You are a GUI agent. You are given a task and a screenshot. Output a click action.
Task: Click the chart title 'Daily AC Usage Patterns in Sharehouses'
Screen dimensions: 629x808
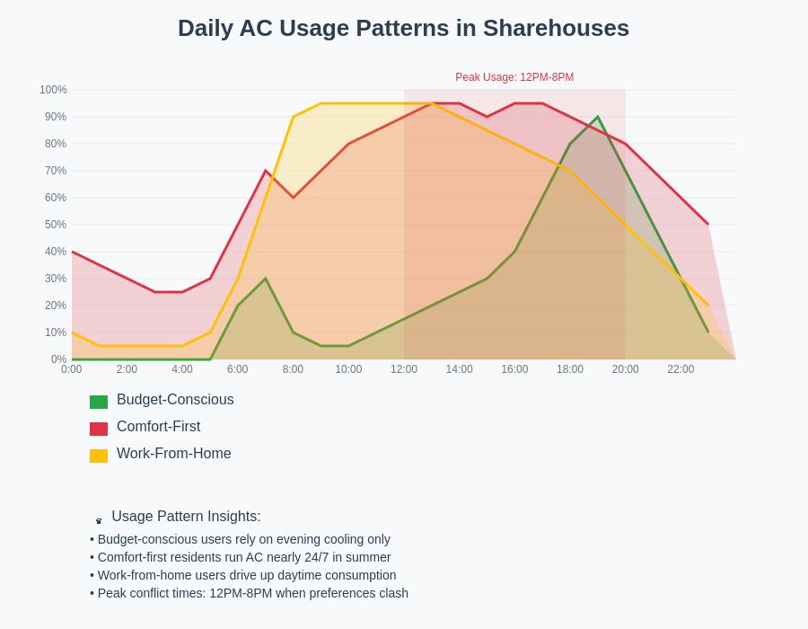click(x=403, y=28)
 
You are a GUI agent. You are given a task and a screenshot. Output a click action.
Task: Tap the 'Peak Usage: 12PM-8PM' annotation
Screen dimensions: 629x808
click(x=514, y=77)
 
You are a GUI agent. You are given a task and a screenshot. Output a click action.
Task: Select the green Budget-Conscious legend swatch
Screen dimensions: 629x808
click(x=99, y=402)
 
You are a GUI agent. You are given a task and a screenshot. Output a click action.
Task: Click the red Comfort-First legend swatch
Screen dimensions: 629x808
click(x=99, y=429)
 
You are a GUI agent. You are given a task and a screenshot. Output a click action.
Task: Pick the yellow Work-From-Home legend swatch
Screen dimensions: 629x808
click(x=99, y=456)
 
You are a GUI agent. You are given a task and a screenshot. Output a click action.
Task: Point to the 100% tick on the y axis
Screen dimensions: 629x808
click(x=53, y=90)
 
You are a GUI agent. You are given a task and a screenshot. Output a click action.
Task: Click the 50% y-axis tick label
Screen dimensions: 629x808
click(x=56, y=225)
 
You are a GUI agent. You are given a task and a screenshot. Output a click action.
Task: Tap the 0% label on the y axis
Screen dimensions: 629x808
click(x=58, y=359)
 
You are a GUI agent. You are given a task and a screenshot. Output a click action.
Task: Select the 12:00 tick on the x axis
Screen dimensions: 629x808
click(x=404, y=369)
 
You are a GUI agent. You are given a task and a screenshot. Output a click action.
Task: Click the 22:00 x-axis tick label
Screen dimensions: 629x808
click(x=681, y=369)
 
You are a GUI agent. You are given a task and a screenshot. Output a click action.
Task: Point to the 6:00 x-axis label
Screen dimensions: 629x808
click(x=238, y=369)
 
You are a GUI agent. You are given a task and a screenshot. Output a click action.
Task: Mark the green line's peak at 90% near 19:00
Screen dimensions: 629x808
click(x=598, y=117)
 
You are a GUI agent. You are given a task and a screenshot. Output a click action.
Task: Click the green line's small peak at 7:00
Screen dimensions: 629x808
click(x=266, y=279)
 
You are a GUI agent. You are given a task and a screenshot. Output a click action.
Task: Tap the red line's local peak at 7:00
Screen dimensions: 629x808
click(x=266, y=171)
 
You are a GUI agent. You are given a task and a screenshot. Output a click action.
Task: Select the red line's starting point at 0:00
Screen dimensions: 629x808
click(x=72, y=252)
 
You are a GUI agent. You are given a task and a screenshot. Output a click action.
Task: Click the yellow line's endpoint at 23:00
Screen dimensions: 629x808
click(x=708, y=306)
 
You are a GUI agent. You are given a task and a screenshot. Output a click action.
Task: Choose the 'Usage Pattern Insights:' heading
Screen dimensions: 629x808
click(x=186, y=517)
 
